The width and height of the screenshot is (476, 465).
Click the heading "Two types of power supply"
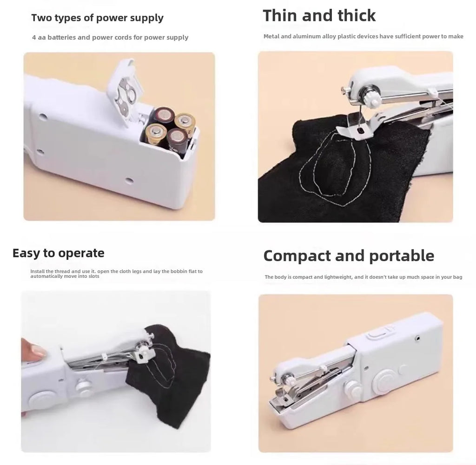(97, 18)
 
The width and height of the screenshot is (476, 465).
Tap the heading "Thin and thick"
(319, 15)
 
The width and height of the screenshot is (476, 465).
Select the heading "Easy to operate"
(58, 253)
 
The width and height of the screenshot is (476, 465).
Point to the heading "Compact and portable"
(349, 255)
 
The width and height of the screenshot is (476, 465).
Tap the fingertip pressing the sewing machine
(35, 348)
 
